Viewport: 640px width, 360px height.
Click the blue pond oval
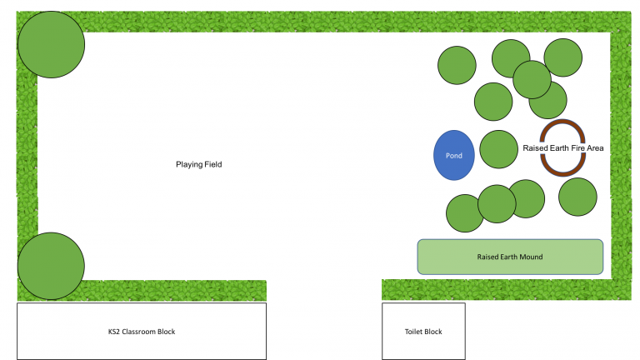click(454, 155)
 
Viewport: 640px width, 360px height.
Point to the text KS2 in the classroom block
click(115, 332)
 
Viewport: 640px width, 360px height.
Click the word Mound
click(532, 257)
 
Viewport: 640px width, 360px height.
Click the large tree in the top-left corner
click(51, 45)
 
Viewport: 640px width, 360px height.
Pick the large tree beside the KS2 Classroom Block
click(51, 266)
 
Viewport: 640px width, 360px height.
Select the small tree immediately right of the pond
click(499, 150)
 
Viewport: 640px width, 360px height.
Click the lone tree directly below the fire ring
click(577, 197)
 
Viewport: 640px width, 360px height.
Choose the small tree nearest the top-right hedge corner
click(563, 57)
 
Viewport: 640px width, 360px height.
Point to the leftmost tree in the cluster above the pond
click(457, 65)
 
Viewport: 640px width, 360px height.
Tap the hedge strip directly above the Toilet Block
click(423, 290)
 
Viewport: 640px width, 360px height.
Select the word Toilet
click(413, 332)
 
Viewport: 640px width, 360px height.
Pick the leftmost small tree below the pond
click(463, 214)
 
